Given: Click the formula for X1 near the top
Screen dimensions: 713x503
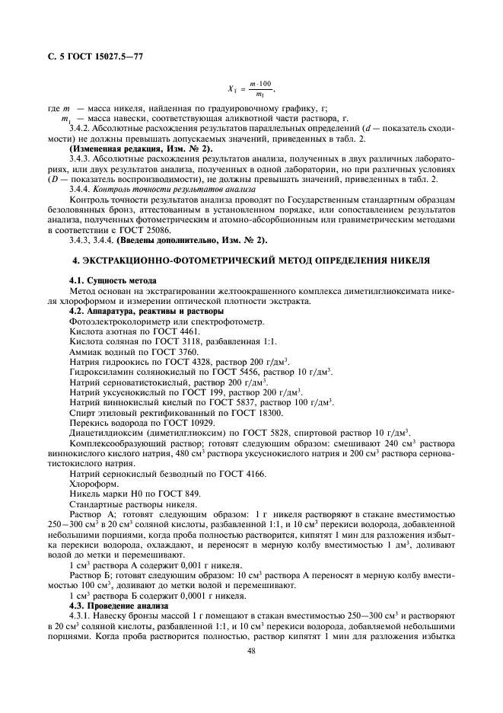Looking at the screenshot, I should click(x=251, y=89).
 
